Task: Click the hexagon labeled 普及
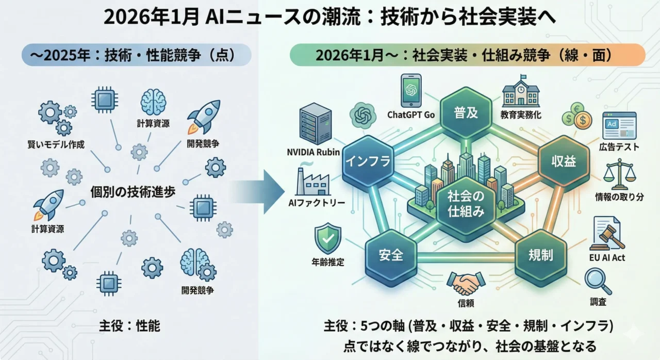(x=466, y=112)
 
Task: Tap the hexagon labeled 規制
(x=540, y=255)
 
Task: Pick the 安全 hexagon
(x=390, y=255)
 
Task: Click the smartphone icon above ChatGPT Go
(x=411, y=90)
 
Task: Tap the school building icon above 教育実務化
(x=522, y=91)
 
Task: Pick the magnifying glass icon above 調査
(x=598, y=282)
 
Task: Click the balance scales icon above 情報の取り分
(x=619, y=174)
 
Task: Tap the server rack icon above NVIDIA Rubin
(x=315, y=124)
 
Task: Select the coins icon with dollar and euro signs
(x=576, y=115)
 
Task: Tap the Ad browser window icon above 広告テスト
(x=619, y=125)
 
